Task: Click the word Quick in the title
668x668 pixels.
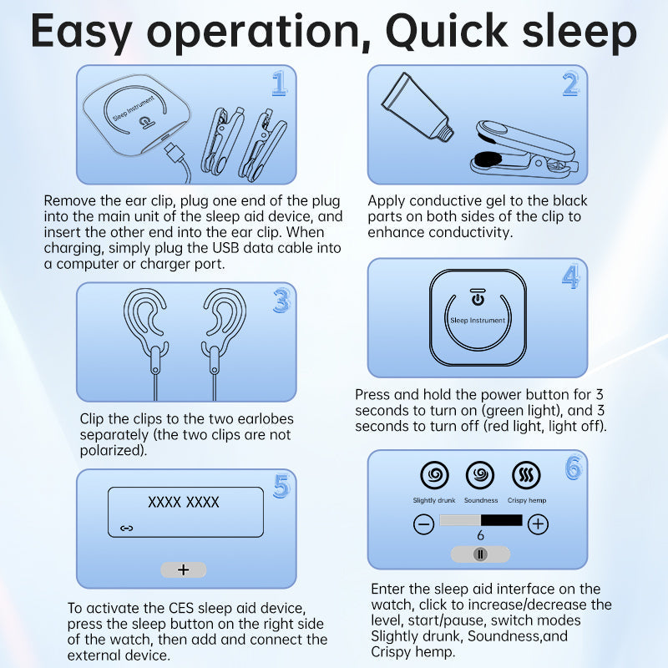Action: [x=446, y=31]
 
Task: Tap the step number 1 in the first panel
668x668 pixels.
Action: [x=279, y=83]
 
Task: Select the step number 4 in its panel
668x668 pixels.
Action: [x=570, y=276]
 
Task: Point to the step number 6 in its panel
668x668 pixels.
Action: [x=573, y=467]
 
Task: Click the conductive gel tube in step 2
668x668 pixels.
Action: [x=417, y=108]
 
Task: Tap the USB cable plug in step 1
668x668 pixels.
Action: [x=174, y=153]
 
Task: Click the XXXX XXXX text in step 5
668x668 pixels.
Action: [x=183, y=503]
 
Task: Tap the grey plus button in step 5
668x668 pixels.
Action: [x=184, y=569]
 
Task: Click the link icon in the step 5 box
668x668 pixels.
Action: [x=127, y=529]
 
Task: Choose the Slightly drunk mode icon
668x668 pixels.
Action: [x=434, y=474]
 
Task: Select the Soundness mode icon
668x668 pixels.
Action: [x=480, y=474]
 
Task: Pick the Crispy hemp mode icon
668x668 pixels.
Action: [x=526, y=474]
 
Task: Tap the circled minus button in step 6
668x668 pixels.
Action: [x=424, y=524]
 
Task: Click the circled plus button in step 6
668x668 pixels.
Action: [x=538, y=524]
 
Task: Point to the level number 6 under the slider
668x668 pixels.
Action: [x=481, y=535]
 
